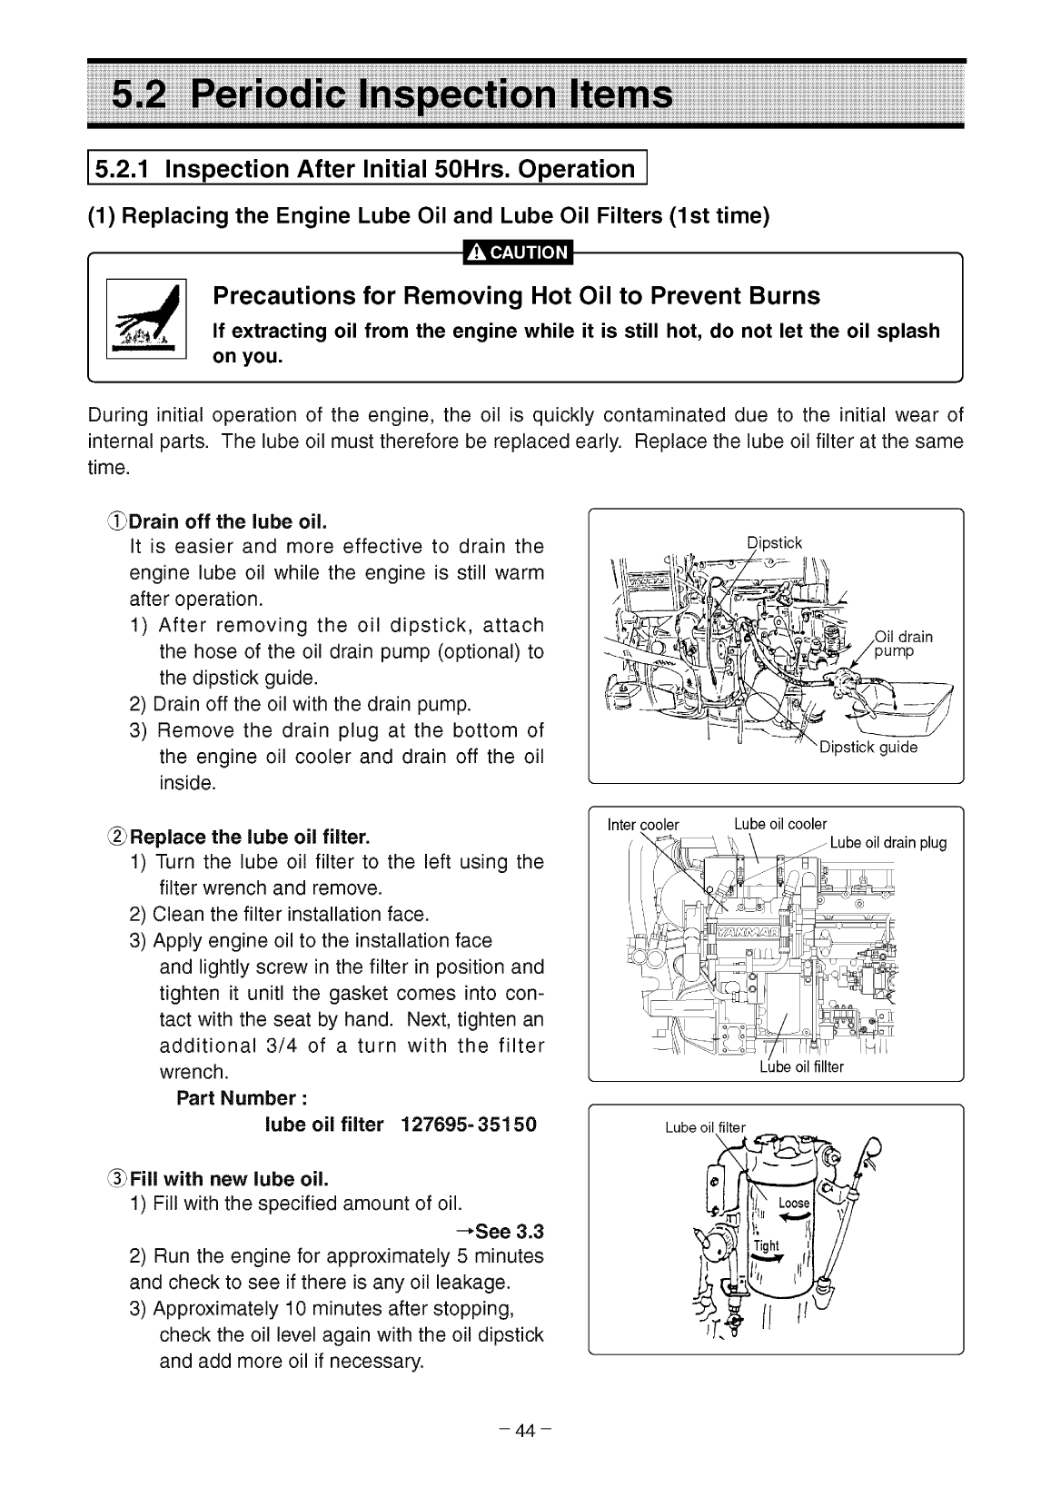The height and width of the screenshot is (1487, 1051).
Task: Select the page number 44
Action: pyautogui.click(x=526, y=1431)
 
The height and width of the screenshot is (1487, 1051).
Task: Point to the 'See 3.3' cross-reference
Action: pyautogui.click(x=501, y=1232)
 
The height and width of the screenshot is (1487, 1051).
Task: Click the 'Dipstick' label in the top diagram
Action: pyautogui.click(x=775, y=543)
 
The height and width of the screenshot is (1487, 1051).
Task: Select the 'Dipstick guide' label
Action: pyautogui.click(x=868, y=748)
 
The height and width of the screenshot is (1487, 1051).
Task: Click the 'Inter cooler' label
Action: pyautogui.click(x=642, y=825)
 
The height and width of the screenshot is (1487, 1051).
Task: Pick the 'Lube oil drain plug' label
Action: pyautogui.click(x=887, y=842)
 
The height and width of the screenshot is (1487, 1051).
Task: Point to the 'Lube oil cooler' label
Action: pyautogui.click(x=780, y=824)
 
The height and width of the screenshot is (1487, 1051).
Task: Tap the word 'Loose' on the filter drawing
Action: pyautogui.click(x=794, y=1203)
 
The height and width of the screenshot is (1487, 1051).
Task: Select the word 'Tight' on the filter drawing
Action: pyautogui.click(x=767, y=1245)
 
